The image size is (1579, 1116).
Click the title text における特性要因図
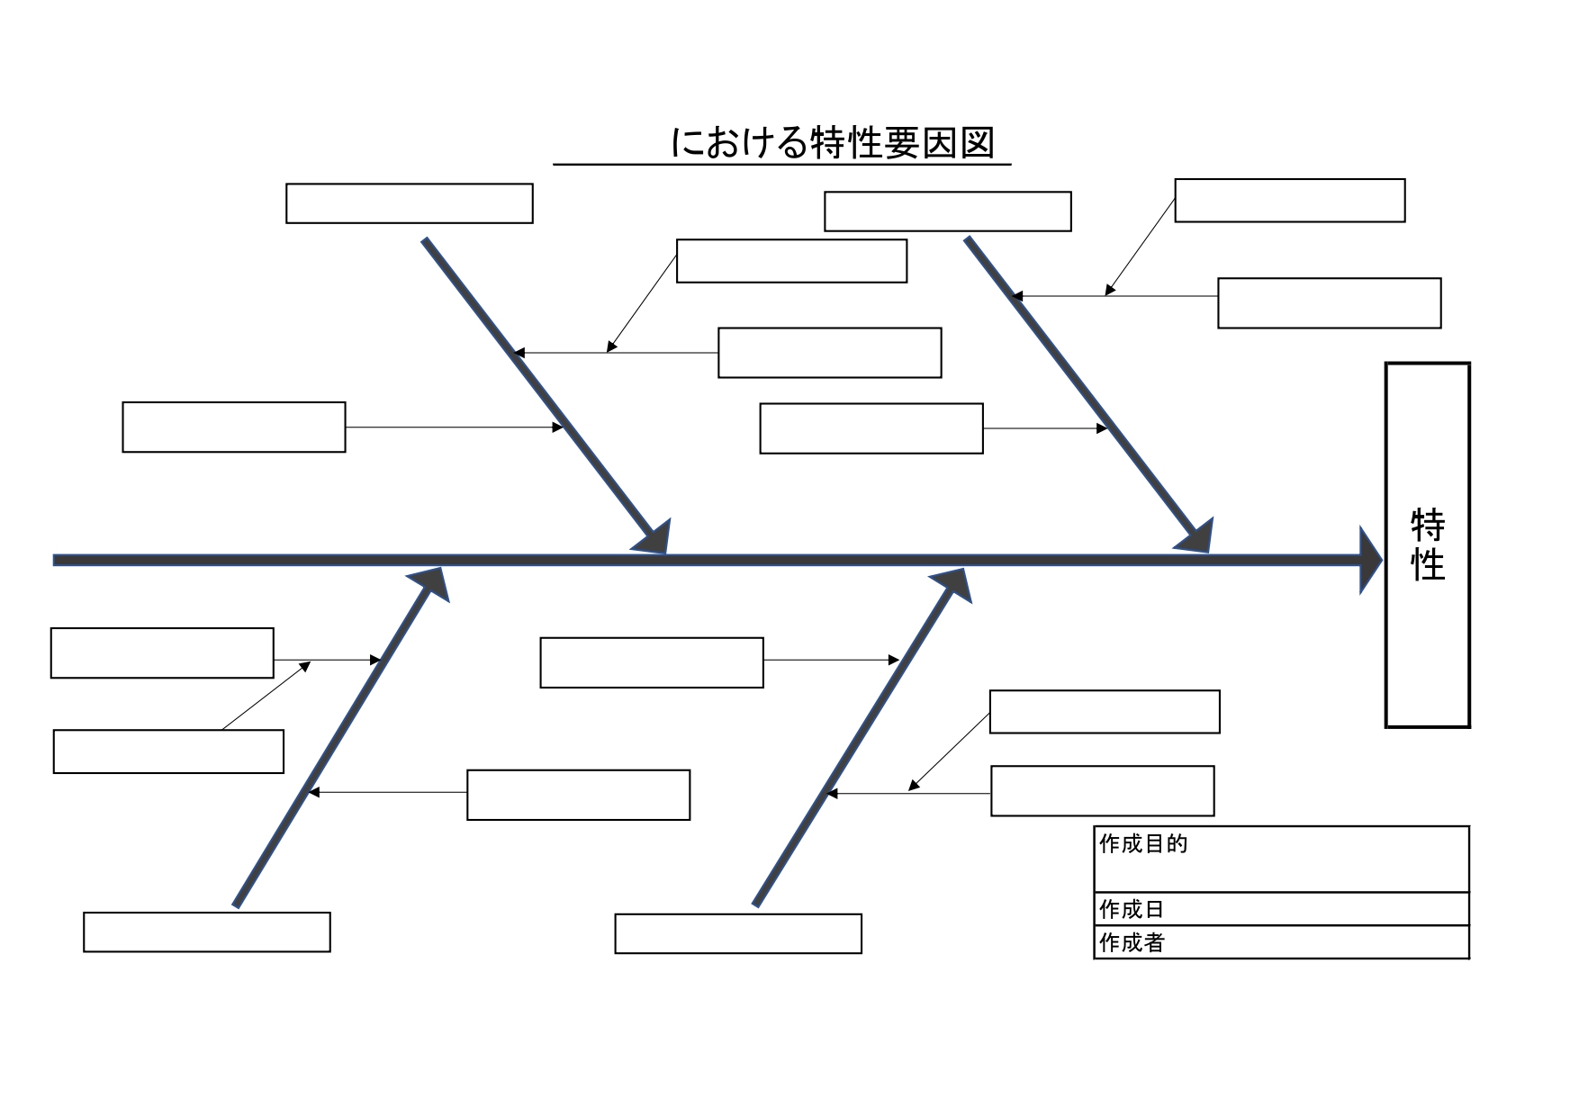click(x=833, y=143)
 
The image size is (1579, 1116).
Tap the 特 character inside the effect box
click(x=1428, y=525)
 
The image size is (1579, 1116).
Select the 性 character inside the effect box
click(x=1428, y=565)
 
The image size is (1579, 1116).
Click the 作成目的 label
click(x=1143, y=844)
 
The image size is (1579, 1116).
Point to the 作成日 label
click(x=1132, y=909)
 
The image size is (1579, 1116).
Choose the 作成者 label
click(x=1132, y=942)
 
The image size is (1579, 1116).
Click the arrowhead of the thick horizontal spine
click(x=1370, y=561)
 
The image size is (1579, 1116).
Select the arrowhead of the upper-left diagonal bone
click(x=654, y=537)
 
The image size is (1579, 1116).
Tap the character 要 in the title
click(x=901, y=143)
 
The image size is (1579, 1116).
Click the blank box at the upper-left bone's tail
click(x=410, y=203)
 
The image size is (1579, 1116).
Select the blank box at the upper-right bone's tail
click(x=948, y=211)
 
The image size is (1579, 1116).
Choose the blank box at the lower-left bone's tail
click(x=207, y=932)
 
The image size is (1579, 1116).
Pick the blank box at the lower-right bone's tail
click(x=738, y=934)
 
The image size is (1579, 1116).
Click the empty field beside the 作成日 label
click(x=1314, y=909)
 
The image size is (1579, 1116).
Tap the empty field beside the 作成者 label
click(x=1314, y=942)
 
